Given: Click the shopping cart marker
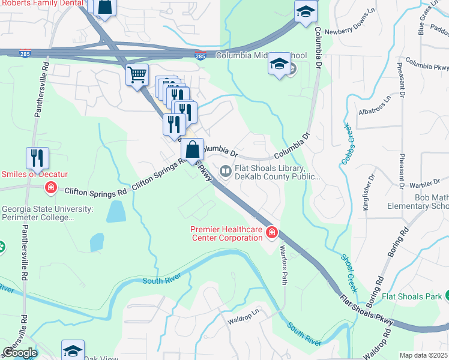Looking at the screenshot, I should [137, 76].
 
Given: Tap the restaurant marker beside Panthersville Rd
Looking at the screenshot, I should [38, 158].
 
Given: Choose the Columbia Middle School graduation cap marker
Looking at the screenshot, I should [279, 64].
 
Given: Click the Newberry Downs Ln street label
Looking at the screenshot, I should [349, 32].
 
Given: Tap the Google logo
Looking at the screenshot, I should [20, 352].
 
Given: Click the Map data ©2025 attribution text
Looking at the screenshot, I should [423, 355].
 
